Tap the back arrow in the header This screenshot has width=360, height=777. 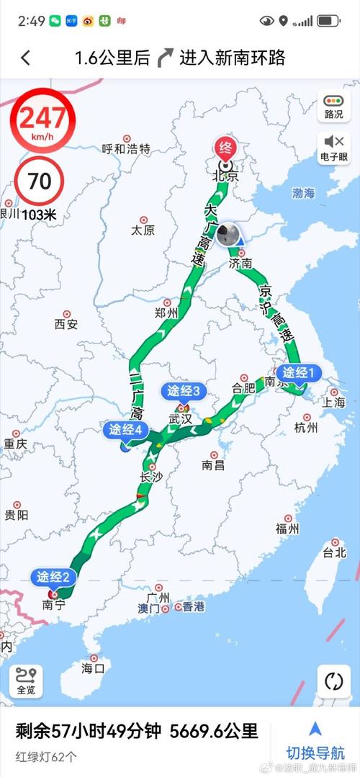click(25, 58)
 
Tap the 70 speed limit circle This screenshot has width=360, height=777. click(39, 181)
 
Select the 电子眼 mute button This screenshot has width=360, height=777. click(333, 147)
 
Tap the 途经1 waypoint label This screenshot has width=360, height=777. click(299, 372)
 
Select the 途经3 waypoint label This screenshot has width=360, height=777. click(184, 391)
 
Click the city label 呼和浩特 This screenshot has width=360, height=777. click(126, 149)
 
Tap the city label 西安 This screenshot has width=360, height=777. click(66, 323)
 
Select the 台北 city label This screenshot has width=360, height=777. click(334, 552)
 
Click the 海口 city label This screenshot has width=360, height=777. click(93, 668)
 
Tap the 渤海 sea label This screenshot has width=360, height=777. click(304, 193)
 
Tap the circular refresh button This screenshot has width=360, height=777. click(333, 681)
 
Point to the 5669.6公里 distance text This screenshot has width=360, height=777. click(214, 732)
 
